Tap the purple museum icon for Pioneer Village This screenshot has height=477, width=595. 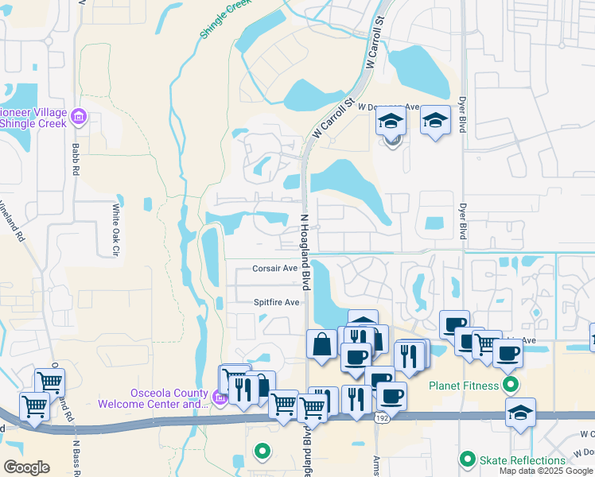(x=78, y=118)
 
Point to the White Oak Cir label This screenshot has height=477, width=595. (x=115, y=230)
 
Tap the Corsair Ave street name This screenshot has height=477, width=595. (x=275, y=269)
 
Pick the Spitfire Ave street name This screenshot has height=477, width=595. (x=276, y=302)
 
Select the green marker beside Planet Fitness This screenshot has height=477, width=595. (x=511, y=386)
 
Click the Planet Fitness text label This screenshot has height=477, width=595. (x=464, y=387)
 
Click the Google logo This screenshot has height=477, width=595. (x=26, y=467)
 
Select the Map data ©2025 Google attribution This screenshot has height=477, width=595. (x=546, y=471)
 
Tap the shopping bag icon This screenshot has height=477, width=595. (x=322, y=345)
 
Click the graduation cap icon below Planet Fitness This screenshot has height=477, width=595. (x=520, y=413)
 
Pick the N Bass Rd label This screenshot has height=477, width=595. (x=76, y=457)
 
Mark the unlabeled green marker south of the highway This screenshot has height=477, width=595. (x=262, y=452)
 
